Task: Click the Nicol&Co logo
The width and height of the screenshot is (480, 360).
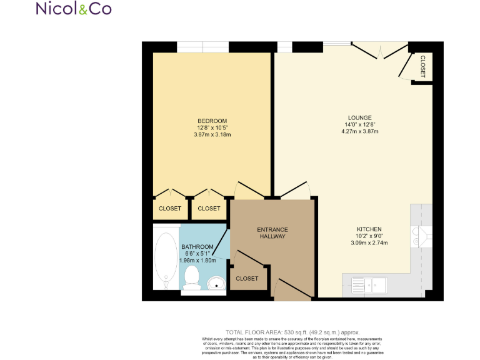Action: point(74,9)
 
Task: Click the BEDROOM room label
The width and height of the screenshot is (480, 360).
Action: point(212,121)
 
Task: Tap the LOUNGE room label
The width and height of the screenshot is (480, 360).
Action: point(360,117)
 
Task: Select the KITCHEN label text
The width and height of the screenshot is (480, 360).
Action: point(369,229)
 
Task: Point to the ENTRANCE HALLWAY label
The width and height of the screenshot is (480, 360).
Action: point(272,233)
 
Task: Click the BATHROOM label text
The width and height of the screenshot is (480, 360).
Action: point(197,247)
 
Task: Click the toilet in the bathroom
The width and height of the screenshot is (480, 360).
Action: point(191,277)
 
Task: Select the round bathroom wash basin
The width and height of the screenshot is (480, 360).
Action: point(216,281)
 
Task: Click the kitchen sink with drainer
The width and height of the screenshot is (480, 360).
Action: point(369,285)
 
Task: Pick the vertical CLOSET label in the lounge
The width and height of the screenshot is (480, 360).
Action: point(422,67)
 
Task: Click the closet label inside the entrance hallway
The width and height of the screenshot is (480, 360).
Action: point(247,278)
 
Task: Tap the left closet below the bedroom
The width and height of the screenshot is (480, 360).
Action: point(169,208)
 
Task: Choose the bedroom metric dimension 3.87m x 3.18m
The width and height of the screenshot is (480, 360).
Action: point(212,134)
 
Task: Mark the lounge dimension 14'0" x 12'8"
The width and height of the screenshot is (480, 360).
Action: point(360,124)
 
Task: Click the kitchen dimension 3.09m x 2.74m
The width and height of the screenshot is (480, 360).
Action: point(369,242)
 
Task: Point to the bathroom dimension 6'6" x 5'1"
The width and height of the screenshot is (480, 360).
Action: point(197,254)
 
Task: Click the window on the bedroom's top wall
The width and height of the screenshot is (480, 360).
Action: point(202,47)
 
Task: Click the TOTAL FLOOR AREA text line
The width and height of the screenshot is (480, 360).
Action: point(292,332)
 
